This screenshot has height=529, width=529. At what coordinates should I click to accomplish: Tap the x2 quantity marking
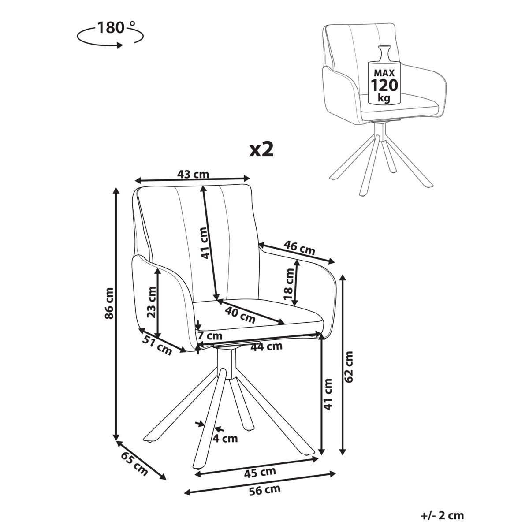pyautogui.click(x=261, y=149)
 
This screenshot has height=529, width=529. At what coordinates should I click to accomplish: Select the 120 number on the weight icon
pyautogui.click(x=384, y=84)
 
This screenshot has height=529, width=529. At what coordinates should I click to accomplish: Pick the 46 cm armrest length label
pyautogui.click(x=300, y=248)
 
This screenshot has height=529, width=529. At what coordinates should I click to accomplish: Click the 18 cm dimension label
pyautogui.click(x=289, y=282)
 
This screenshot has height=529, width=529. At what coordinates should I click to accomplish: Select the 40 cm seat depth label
pyautogui.click(x=240, y=314)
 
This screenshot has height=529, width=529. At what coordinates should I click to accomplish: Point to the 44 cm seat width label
pyautogui.click(x=266, y=346)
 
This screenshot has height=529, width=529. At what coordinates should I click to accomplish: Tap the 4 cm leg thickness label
pyautogui.click(x=225, y=438)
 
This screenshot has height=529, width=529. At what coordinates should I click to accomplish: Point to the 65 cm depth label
pyautogui.click(x=134, y=464)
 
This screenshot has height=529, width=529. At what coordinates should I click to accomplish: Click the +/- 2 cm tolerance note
pyautogui.click(x=442, y=515)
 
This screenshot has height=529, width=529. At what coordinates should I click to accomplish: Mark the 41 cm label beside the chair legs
pyautogui.click(x=328, y=394)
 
